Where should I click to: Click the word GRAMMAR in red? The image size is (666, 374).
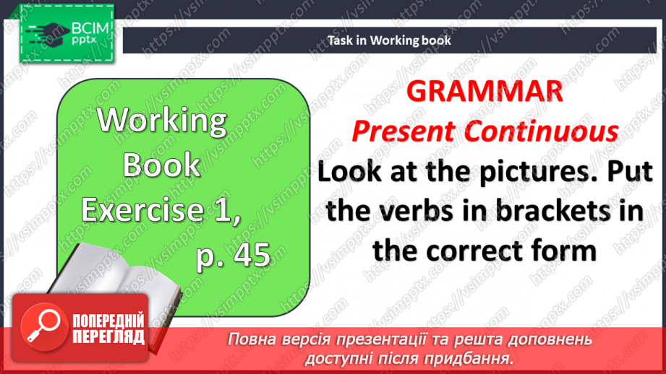[x=484, y=92]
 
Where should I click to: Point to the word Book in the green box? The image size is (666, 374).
[x=161, y=165]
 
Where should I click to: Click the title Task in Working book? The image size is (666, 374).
[x=389, y=40]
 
